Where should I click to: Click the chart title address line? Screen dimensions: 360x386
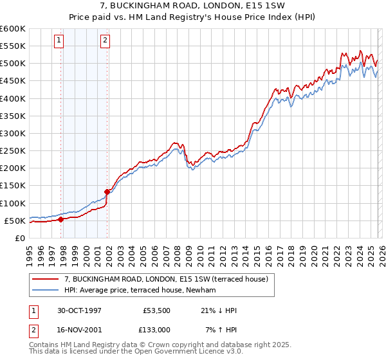(192, 6)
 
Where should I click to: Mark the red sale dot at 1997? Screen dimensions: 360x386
(60, 219)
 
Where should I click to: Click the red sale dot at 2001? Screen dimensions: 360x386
(107, 192)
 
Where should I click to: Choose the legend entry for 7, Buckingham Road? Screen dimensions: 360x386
(170, 278)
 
